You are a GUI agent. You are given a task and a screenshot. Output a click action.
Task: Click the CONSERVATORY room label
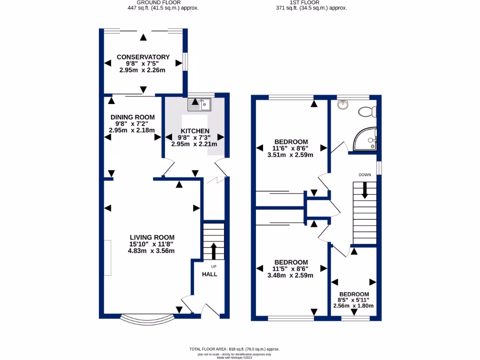(143, 57)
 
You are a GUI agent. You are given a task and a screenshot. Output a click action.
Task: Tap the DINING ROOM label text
(133, 117)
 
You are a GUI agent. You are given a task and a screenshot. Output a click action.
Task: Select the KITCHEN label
(194, 131)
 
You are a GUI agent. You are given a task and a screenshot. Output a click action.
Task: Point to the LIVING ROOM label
(152, 237)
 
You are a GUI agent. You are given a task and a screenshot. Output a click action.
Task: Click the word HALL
(210, 274)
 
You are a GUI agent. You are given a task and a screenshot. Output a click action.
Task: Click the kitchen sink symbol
(200, 104)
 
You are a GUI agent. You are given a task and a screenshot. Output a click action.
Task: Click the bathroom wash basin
(343, 104)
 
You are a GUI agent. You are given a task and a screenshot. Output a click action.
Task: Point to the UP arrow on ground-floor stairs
(214, 251)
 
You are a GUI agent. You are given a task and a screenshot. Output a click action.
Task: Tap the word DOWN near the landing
(365, 175)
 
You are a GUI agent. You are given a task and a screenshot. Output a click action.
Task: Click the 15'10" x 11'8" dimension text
(152, 244)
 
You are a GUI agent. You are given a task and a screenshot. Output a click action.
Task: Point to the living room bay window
(146, 321)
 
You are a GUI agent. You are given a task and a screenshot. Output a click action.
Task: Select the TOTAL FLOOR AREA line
(234, 349)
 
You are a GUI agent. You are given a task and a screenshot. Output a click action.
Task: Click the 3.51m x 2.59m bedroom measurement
(290, 155)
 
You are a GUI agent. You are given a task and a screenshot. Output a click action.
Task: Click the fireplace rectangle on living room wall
(108, 257)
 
